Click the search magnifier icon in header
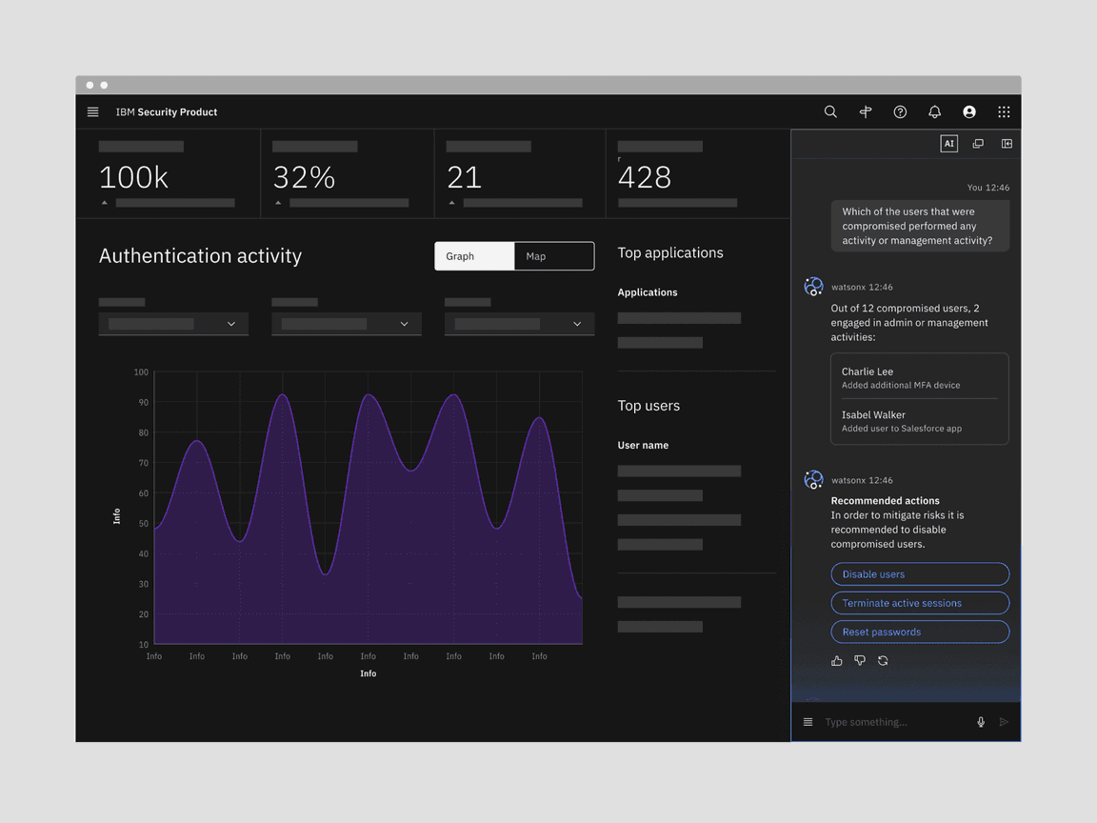[830, 111]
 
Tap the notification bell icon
[934, 111]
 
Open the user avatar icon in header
[968, 111]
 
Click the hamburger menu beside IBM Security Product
[92, 111]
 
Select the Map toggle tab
[553, 256]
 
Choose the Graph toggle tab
[474, 256]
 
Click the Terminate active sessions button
[919, 603]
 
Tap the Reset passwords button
[919, 632]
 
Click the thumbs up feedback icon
[837, 660]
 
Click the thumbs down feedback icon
[860, 660]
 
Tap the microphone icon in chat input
[981, 722]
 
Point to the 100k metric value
[133, 177]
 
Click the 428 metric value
[645, 177]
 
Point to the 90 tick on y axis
[143, 402]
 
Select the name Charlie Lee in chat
[868, 371]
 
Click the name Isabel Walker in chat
[873, 414]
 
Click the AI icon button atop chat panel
[948, 144]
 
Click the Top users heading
[648, 406]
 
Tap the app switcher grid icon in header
[1004, 111]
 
